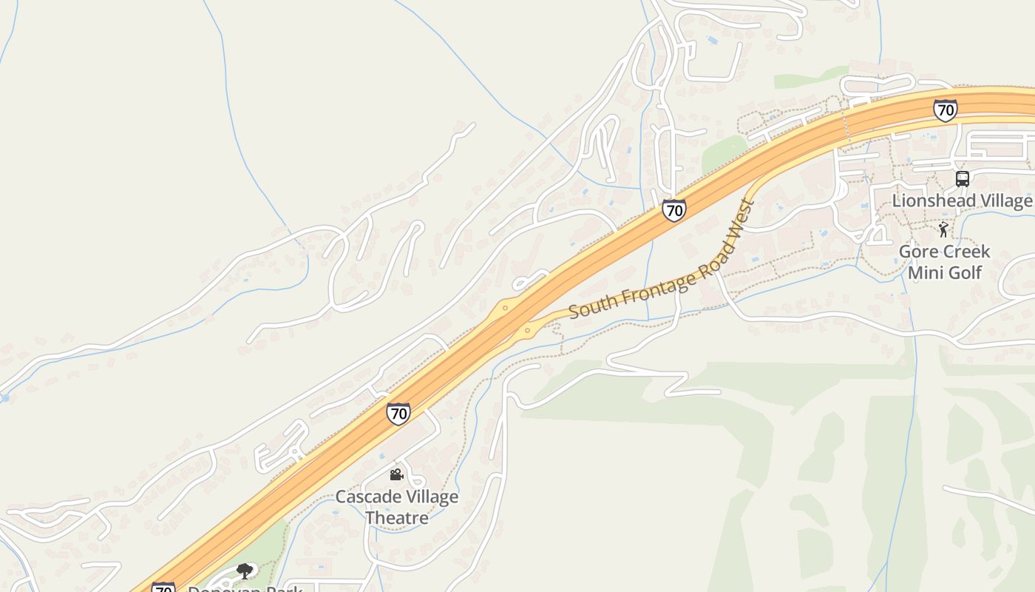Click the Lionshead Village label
(962, 201)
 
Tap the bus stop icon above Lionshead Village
(962, 178)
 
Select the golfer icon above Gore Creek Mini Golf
(943, 229)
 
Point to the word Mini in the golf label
(925, 273)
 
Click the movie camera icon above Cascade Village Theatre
(396, 474)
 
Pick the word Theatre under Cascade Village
(397, 517)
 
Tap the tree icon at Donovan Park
(245, 571)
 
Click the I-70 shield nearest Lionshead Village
(944, 110)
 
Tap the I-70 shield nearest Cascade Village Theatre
(398, 414)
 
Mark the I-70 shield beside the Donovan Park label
(163, 588)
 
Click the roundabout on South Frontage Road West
(527, 331)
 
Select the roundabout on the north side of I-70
(505, 308)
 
